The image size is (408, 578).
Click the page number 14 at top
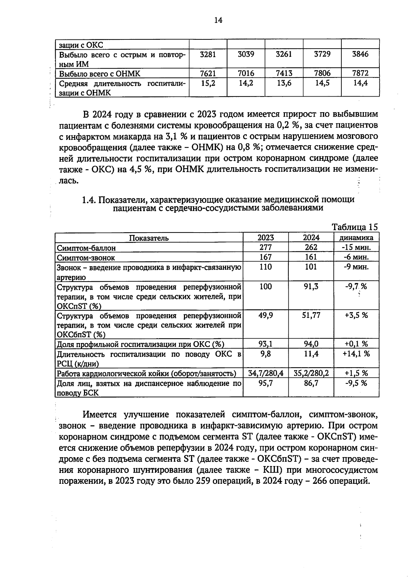[218, 20]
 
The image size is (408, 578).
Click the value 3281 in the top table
[208, 54]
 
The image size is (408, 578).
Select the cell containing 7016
[246, 73]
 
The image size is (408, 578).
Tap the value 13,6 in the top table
[284, 83]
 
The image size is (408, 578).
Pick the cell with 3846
[360, 54]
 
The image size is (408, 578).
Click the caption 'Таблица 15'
[355, 227]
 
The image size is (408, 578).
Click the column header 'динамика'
[356, 238]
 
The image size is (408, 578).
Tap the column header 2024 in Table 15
[311, 238]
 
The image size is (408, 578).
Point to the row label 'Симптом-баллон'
[86, 248]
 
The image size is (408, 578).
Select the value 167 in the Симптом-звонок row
[266, 257]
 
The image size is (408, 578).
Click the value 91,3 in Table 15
[311, 287]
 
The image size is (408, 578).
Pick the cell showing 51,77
[311, 316]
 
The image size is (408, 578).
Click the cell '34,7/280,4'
[266, 373]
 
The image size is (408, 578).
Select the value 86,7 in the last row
[311, 384]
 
